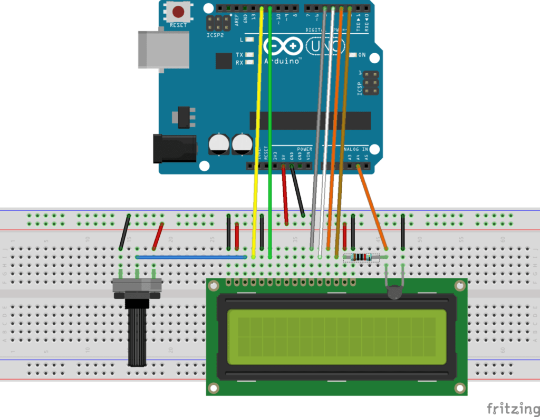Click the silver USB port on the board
tap(163, 49)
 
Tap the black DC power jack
tap(174, 148)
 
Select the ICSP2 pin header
tap(218, 23)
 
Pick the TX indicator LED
tap(249, 55)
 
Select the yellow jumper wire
tap(258, 132)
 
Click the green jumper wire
tap(270, 132)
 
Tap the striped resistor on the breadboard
tap(361, 257)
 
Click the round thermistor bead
tap(396, 293)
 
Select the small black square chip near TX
tap(224, 61)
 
